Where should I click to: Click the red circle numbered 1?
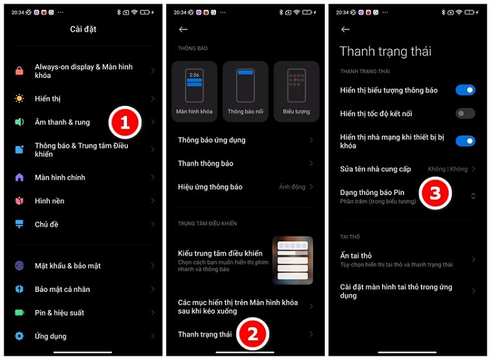(123, 123)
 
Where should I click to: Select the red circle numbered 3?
(434, 194)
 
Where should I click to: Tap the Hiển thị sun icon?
(20, 99)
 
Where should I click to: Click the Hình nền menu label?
(50, 201)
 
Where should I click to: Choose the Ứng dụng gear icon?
(20, 336)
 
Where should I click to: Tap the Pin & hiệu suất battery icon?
(20, 312)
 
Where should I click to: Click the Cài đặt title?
(83, 29)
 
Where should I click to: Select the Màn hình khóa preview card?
(194, 91)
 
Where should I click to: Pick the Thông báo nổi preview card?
(245, 91)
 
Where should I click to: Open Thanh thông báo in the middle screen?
(206, 164)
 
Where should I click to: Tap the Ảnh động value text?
(292, 187)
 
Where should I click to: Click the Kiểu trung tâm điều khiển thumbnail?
(292, 260)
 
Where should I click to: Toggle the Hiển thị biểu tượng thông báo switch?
(465, 90)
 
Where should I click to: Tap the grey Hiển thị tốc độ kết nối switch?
(465, 114)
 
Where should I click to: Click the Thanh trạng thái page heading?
(385, 51)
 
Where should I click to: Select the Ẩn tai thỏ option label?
(356, 256)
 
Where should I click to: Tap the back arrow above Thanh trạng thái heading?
(345, 29)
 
